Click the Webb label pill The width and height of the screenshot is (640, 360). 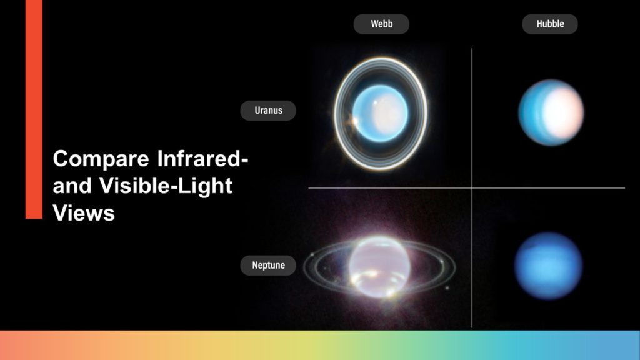click(381, 24)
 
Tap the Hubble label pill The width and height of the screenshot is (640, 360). click(550, 24)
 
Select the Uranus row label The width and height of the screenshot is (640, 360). click(268, 111)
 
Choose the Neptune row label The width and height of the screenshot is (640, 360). click(268, 265)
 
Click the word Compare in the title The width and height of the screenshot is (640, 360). click(101, 159)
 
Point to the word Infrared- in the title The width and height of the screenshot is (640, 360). click(203, 158)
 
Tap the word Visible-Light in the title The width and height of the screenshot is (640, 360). click(166, 186)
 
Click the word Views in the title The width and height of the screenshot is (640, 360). click(84, 213)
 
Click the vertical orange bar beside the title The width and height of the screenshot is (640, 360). click(34, 109)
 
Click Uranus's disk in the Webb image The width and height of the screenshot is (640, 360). click(380, 114)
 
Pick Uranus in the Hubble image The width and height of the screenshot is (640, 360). click(551, 112)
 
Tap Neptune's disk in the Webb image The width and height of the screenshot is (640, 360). click(379, 267)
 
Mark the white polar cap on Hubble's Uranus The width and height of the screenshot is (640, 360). click(563, 112)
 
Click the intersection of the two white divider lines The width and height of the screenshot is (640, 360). click(472, 188)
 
